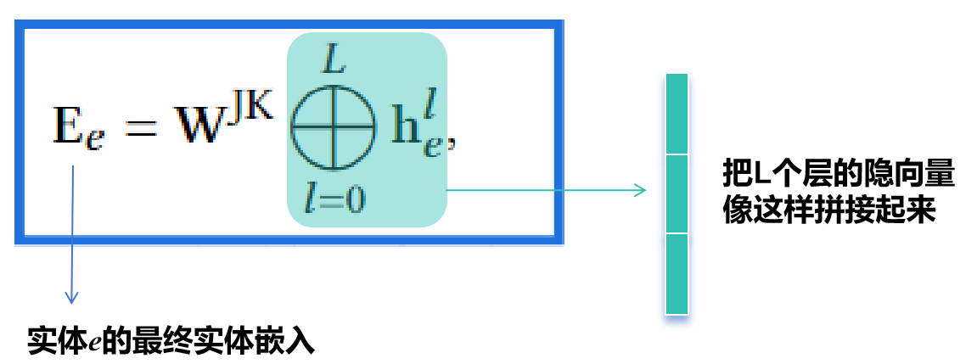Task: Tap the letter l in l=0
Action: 311,199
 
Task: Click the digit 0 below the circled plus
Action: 354,199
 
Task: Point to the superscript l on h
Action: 433,109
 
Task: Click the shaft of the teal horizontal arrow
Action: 543,190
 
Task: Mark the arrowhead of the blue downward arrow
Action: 72,298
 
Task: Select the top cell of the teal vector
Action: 677,114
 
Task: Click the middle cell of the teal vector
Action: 677,193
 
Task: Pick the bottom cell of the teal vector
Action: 677,273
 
